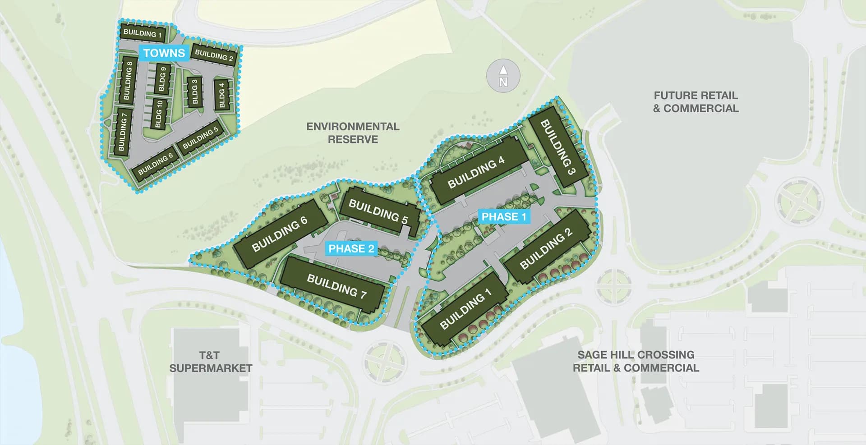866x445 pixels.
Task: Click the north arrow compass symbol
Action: (x=503, y=76)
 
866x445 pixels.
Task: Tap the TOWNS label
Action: (x=164, y=53)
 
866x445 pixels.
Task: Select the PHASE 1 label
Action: (x=504, y=217)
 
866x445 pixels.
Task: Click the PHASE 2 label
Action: (x=351, y=248)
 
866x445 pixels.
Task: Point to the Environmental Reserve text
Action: (x=353, y=133)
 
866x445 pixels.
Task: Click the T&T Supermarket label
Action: (x=211, y=362)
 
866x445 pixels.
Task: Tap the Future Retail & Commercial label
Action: (x=696, y=102)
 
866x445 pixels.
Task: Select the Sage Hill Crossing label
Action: (x=636, y=361)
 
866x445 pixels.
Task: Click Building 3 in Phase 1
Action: (x=558, y=147)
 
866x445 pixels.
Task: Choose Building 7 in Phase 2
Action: (x=336, y=286)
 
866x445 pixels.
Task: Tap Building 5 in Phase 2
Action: (x=378, y=212)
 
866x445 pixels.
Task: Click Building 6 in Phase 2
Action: (x=280, y=234)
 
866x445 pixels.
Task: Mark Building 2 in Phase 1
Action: (x=546, y=248)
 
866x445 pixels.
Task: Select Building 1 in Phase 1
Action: (x=465, y=309)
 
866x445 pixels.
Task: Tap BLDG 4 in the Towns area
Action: (x=221, y=95)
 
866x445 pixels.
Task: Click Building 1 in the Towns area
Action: (x=143, y=33)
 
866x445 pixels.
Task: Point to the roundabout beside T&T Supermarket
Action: (x=384, y=362)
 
